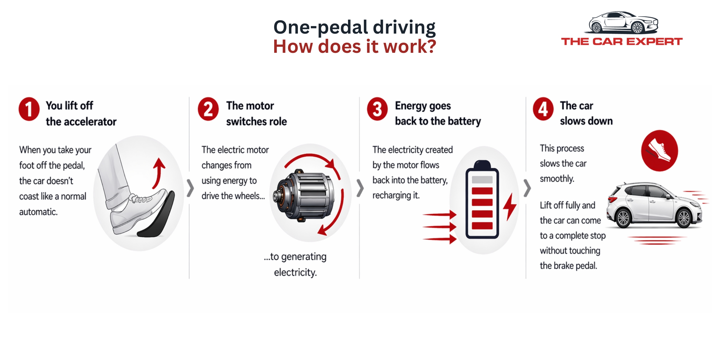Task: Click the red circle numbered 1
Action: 29,109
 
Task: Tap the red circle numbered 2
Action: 208,109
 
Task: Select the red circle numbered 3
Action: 377,109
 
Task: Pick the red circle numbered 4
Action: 543,109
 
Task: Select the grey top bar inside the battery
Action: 482,180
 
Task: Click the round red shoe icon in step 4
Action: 659,151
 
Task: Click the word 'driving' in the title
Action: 404,27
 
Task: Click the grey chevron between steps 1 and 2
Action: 190,188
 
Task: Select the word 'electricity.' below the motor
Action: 295,272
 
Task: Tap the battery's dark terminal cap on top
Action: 482,164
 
